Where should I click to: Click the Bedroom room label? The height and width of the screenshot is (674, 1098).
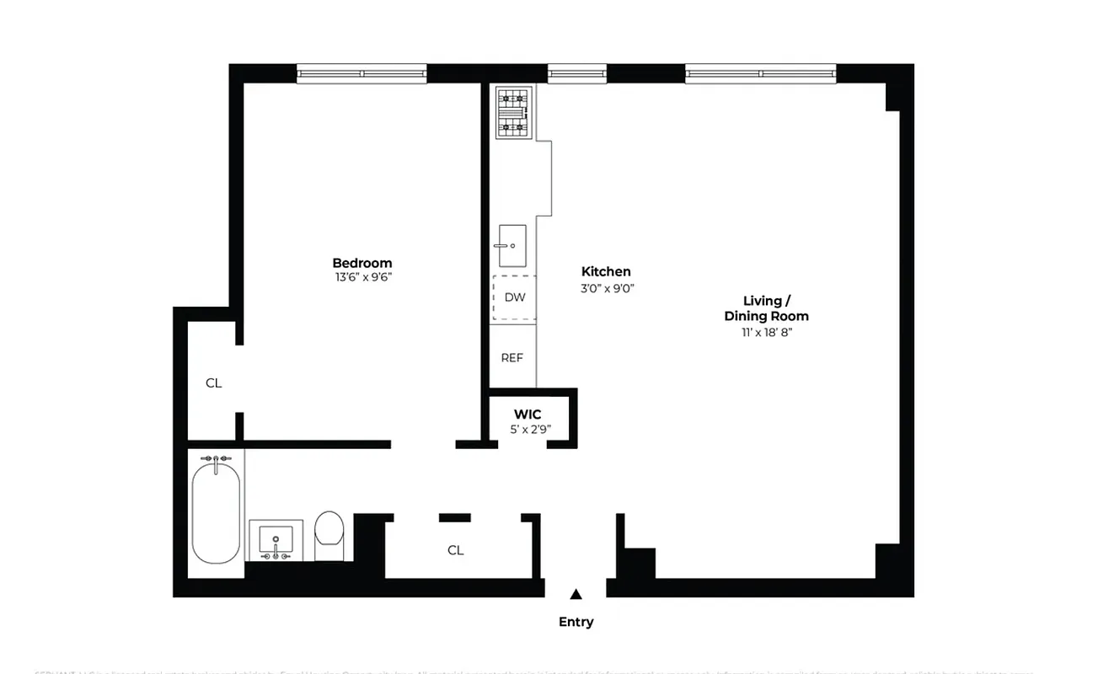coord(362,263)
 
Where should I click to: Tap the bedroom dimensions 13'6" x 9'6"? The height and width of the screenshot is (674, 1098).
coord(362,277)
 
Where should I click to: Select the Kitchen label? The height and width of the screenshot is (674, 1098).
coord(606,271)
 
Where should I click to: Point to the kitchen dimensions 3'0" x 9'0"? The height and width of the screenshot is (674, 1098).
coord(606,287)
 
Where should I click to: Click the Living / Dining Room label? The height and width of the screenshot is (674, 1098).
coord(766,308)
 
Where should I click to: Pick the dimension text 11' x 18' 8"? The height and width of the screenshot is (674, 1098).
coord(766,332)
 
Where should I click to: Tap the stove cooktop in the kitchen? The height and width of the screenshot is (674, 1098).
coord(512,113)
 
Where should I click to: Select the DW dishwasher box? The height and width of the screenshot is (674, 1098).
coord(514,297)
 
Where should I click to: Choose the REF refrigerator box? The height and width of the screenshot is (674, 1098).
coord(512,357)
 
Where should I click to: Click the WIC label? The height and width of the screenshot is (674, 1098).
coord(528,415)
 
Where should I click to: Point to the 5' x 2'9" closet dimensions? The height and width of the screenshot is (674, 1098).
coord(528,429)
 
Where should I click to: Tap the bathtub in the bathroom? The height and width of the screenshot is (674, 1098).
coord(216,511)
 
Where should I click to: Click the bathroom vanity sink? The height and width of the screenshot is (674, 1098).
coord(276,540)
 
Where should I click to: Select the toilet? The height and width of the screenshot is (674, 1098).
coord(329,533)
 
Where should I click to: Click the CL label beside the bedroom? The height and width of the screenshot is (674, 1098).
coord(213,382)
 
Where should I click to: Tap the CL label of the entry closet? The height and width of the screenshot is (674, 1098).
coord(455,550)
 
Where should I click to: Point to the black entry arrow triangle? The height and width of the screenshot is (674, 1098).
coord(576,594)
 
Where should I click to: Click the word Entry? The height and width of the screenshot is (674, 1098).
coord(576,622)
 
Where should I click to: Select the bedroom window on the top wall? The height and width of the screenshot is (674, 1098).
coord(362,74)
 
